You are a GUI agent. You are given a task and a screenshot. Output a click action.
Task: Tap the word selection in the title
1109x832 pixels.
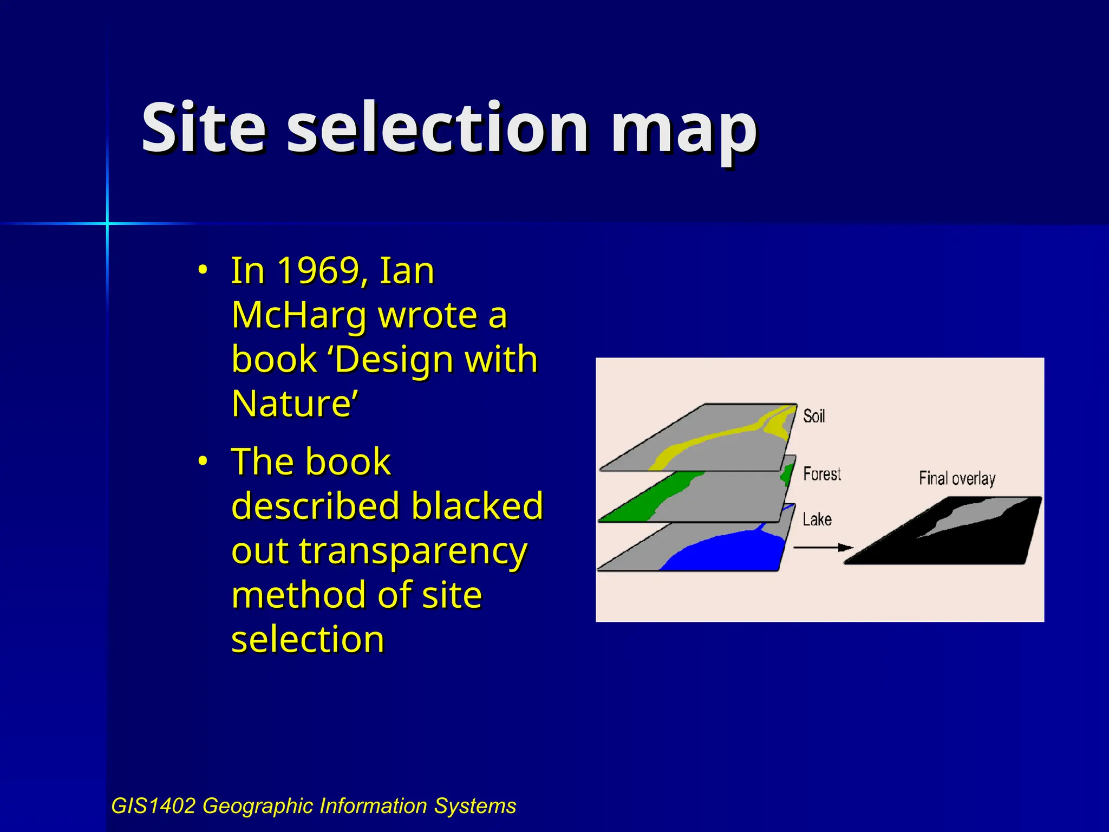click(x=438, y=129)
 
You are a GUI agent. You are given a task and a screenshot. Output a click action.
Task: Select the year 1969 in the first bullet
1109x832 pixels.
click(x=318, y=270)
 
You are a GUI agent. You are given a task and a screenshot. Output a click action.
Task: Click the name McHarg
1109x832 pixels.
click(x=299, y=315)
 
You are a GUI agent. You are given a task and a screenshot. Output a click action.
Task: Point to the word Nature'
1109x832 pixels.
click(x=295, y=404)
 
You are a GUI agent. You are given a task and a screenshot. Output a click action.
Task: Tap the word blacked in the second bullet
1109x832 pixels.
click(x=477, y=506)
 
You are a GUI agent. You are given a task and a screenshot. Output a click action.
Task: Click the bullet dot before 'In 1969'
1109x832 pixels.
click(x=202, y=269)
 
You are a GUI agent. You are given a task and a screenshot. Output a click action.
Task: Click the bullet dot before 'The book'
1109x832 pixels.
click(x=202, y=461)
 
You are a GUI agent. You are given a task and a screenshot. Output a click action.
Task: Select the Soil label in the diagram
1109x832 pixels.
click(x=814, y=416)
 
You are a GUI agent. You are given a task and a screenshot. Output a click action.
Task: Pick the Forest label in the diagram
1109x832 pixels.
click(x=821, y=474)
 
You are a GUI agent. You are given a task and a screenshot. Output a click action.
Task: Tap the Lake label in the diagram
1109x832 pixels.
click(x=817, y=519)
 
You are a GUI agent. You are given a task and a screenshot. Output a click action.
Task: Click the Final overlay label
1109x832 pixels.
click(x=957, y=478)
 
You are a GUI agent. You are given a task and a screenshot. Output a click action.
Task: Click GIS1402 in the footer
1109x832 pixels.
click(x=153, y=806)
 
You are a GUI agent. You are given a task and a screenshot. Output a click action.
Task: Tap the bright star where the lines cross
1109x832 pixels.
click(x=107, y=223)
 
